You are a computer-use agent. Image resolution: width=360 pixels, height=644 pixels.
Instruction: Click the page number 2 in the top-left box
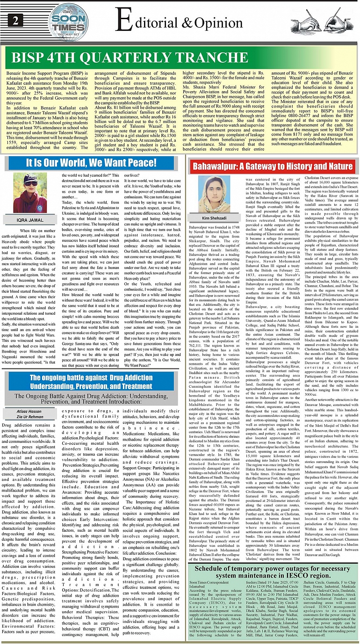[x=16, y=21]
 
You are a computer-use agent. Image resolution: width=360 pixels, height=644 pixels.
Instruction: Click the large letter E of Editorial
[x=122, y=21]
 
